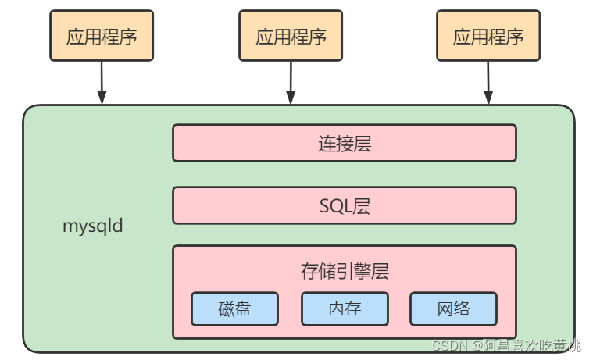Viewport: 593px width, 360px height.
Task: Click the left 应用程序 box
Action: (102, 36)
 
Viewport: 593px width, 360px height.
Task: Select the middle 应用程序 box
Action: (291, 36)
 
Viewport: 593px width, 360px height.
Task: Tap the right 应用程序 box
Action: (488, 36)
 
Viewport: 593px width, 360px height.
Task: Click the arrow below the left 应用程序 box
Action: (102, 83)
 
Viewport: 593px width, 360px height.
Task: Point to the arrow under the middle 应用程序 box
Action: (291, 83)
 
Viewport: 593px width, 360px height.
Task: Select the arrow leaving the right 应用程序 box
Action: (488, 83)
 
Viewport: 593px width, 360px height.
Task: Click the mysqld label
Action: (93, 227)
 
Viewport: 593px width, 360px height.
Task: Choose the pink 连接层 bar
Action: (344, 143)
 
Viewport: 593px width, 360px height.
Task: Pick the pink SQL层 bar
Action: (344, 205)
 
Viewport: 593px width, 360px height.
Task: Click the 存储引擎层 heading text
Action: (344, 271)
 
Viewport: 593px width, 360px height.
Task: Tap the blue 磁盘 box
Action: (234, 308)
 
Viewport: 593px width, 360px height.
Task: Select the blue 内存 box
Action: (345, 308)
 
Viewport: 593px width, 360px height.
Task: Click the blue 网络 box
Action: (453, 308)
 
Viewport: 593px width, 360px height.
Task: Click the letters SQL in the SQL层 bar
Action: (335, 205)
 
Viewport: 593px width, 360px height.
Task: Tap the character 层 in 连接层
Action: (361, 143)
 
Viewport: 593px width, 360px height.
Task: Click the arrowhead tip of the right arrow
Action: (488, 102)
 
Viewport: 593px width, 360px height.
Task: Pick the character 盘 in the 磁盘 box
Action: (243, 308)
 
